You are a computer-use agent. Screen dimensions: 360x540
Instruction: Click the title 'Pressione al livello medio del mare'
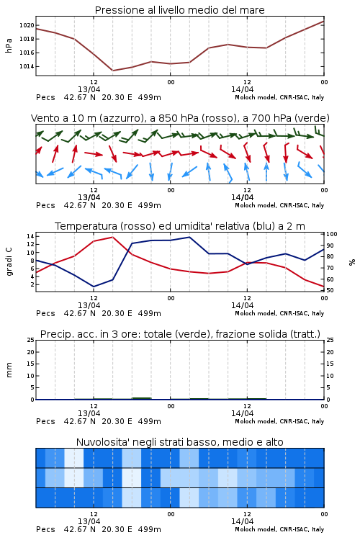point(179,10)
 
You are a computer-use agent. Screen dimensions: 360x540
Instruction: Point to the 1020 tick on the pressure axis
point(27,25)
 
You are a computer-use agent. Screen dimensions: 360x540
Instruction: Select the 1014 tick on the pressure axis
point(27,66)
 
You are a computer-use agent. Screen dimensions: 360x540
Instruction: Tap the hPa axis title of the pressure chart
point(9,45)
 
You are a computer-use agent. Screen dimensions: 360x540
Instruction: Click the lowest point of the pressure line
point(112,71)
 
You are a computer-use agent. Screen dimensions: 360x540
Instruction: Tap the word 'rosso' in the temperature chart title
point(138,226)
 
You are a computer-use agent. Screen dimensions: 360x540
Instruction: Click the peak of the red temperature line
point(112,237)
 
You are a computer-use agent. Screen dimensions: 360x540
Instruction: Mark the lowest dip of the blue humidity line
point(94,287)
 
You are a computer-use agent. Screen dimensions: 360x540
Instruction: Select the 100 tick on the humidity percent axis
point(332,234)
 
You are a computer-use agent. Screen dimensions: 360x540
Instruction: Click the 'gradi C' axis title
point(9,261)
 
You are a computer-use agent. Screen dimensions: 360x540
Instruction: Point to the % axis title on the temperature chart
point(352,262)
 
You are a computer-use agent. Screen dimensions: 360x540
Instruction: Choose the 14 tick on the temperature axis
point(30,236)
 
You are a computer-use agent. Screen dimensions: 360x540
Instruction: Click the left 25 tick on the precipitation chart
point(30,340)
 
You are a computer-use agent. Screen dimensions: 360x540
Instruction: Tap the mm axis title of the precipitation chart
point(9,370)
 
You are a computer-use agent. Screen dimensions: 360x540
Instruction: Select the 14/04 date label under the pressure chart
point(243,89)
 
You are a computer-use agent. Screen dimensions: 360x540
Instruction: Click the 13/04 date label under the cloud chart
point(89,521)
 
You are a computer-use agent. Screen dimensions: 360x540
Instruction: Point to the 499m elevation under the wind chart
point(150,205)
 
